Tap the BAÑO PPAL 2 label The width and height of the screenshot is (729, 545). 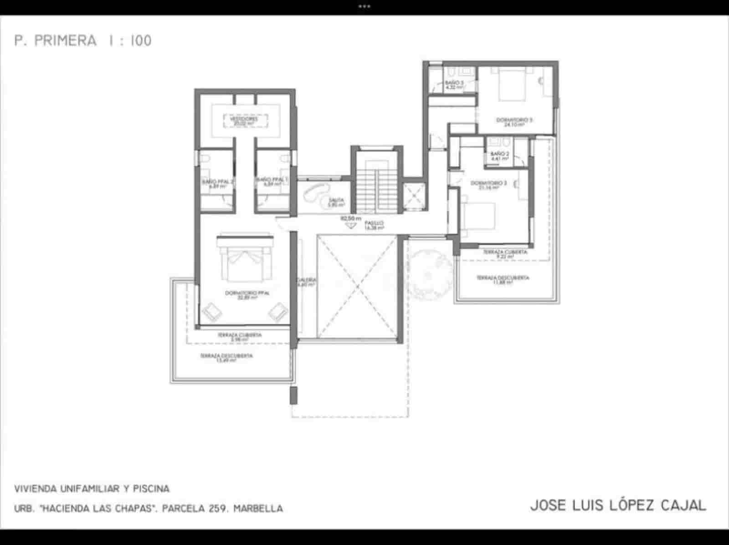click(x=218, y=183)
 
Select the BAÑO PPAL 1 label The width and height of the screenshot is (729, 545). click(x=272, y=182)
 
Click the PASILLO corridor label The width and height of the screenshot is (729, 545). click(x=374, y=226)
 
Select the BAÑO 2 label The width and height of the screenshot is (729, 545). click(x=498, y=156)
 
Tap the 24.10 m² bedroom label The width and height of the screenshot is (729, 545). click(x=513, y=122)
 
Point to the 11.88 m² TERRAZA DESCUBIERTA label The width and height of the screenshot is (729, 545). click(x=503, y=279)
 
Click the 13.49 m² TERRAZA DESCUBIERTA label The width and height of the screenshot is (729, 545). click(x=226, y=358)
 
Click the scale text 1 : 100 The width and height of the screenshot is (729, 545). click(x=130, y=41)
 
